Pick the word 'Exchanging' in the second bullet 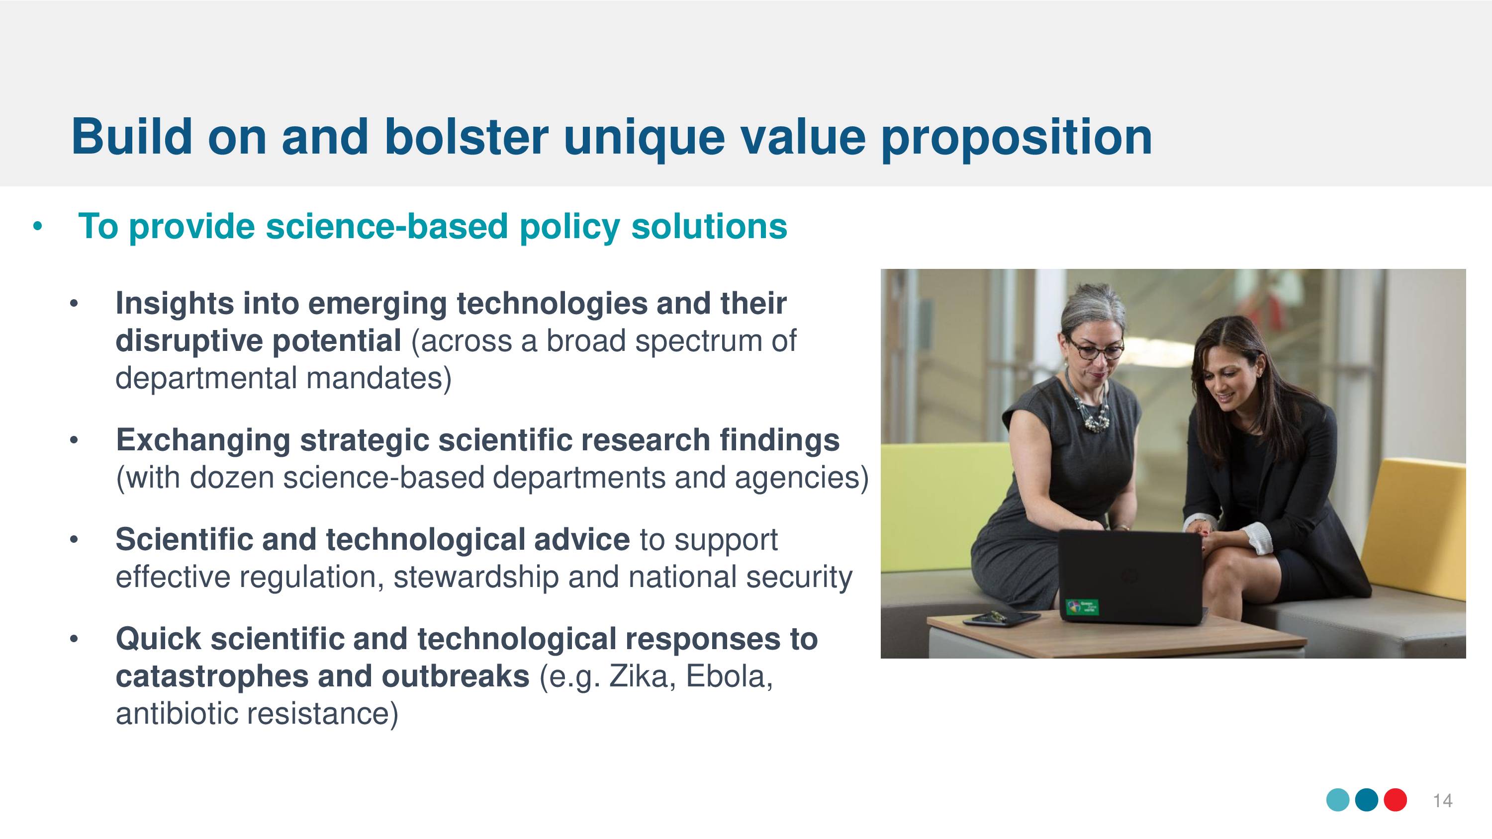coord(203,440)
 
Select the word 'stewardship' coord(475,577)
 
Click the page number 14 coord(1442,801)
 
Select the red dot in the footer coord(1396,800)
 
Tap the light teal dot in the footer coord(1338,800)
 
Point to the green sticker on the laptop coord(1082,607)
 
